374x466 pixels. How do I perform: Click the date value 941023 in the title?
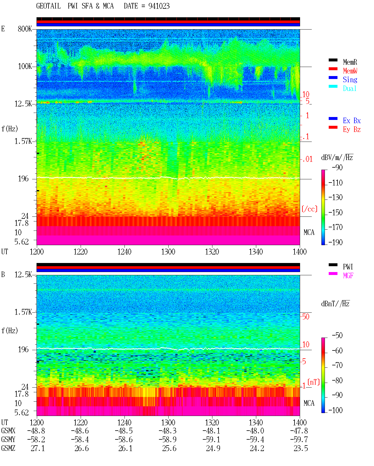tap(159, 6)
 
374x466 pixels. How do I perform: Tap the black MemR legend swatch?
tap(333, 60)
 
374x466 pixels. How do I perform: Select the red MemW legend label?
tap(350, 71)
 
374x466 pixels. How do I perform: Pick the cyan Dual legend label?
tap(349, 88)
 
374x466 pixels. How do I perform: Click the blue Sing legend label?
tap(350, 80)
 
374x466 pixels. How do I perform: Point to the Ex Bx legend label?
tap(352, 121)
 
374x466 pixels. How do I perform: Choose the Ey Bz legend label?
tap(352, 130)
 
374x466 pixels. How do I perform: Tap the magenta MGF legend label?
tap(348, 276)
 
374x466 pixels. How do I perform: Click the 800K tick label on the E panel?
tap(25, 29)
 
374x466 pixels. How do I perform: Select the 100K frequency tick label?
tap(25, 66)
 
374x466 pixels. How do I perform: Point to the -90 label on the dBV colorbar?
tap(337, 167)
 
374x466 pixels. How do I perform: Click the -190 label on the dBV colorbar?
tap(335, 242)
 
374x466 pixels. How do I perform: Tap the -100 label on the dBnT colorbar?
tap(335, 410)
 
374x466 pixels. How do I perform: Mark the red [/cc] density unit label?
tap(309, 209)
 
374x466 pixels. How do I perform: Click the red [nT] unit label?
tap(314, 382)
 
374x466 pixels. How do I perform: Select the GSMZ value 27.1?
tap(38, 448)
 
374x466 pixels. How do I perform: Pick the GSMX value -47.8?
tap(299, 431)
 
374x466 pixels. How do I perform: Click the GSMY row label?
tap(8, 439)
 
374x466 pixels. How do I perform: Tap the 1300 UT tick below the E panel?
tap(168, 252)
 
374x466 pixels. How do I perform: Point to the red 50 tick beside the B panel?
tap(306, 317)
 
